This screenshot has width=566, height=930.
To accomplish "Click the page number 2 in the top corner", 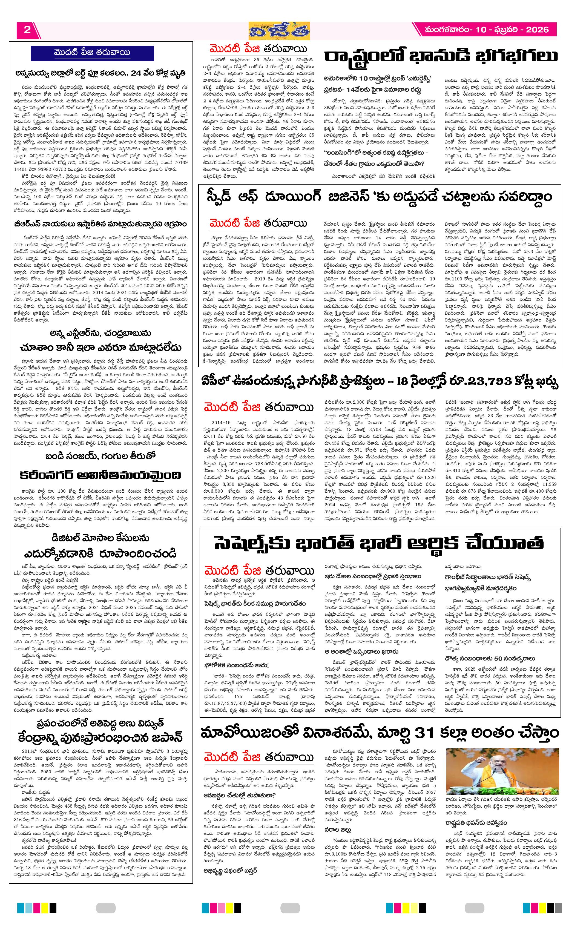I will (x=27, y=30).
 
